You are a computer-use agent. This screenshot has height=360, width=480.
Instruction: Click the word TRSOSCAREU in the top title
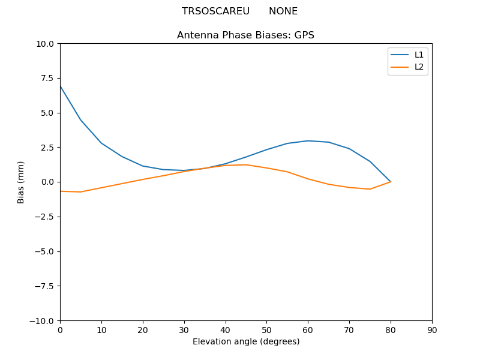point(215,11)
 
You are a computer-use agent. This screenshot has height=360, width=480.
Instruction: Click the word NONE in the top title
point(283,11)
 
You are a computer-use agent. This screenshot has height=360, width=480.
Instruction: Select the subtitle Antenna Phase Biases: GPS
point(245,35)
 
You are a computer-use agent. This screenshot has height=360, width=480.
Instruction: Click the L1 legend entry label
point(419,55)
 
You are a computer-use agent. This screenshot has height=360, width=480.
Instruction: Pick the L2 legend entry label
point(419,67)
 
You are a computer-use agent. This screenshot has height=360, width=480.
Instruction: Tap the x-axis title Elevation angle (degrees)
point(246,342)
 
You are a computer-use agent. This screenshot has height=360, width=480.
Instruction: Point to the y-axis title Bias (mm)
point(21,182)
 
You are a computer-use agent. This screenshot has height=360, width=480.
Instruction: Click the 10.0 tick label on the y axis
point(45,44)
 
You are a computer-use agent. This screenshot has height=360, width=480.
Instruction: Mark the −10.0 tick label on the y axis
point(42,320)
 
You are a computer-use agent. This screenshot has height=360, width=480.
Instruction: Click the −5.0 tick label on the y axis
point(44,251)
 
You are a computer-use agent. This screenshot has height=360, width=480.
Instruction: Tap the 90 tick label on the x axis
point(432,330)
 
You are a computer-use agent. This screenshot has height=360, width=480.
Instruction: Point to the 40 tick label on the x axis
point(226,330)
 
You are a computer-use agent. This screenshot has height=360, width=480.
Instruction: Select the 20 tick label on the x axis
point(143,330)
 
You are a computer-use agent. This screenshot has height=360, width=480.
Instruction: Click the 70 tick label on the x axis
point(349,330)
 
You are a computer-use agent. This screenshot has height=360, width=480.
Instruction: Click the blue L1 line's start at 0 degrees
point(60,86)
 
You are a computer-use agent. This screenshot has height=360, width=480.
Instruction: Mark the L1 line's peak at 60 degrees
point(308,141)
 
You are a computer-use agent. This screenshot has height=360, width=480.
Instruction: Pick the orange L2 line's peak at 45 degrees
point(246,164)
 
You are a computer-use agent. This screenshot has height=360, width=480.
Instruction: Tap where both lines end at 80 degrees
point(391,182)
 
